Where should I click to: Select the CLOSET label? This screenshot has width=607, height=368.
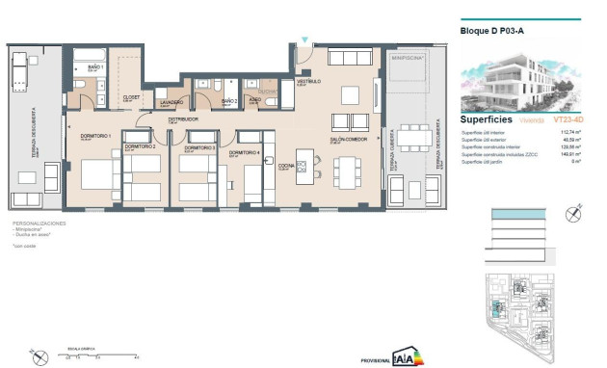click(132, 96)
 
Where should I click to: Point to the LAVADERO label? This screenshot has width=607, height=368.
click(171, 101)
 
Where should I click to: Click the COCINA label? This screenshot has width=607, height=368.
click(286, 166)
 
